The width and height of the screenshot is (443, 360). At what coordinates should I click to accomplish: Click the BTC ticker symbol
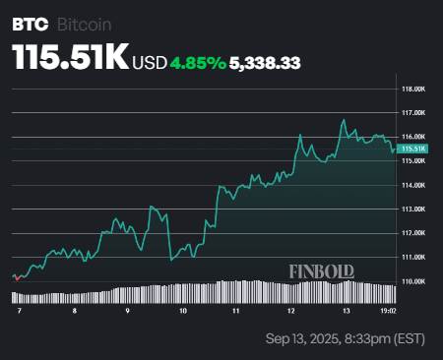pos(28,22)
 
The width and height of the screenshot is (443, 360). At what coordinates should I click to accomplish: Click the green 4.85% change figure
pos(197,62)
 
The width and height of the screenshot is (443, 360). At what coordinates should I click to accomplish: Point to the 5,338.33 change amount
pos(265,62)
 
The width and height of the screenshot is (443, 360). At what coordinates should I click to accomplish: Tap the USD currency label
pos(150,62)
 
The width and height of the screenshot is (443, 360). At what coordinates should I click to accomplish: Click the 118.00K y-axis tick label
pos(413,89)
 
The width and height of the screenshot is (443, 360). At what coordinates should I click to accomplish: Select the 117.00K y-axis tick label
pos(413,113)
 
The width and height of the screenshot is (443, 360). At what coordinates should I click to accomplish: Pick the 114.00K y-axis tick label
pos(413,185)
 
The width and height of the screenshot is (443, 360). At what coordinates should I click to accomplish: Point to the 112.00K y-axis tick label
pos(413,233)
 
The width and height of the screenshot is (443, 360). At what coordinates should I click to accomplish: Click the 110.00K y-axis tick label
pos(413,281)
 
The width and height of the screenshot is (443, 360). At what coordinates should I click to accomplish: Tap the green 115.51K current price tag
pos(413,149)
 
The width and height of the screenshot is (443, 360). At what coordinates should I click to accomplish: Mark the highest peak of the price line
pos(344,120)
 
